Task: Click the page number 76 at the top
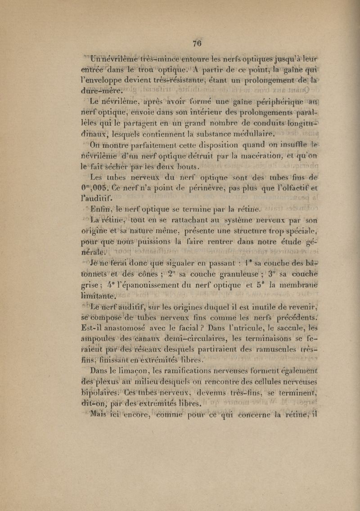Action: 196,44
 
